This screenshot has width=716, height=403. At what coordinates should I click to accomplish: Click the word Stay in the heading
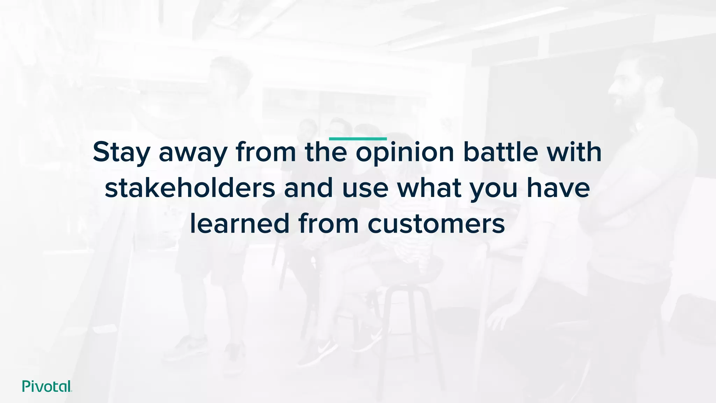121,153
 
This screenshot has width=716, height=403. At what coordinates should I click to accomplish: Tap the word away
193,153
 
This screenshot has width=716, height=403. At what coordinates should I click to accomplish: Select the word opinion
405,153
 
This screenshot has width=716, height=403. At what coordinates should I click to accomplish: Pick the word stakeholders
190,188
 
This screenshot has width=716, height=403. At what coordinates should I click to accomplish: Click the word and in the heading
308,188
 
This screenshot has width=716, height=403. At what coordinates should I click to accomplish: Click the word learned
239,224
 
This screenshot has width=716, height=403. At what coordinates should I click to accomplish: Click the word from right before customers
328,224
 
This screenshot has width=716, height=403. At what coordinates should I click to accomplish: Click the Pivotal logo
47,386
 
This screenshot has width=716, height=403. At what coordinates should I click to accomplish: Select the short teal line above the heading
358,139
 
